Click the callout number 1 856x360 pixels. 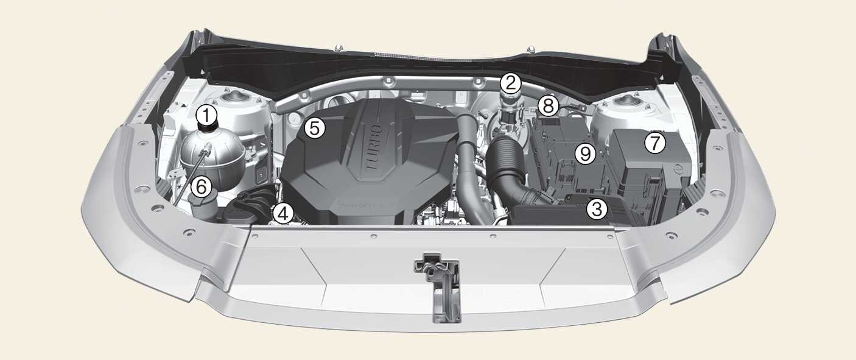[x=206, y=115]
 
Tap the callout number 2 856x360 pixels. [x=511, y=82]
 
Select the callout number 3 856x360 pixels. [x=597, y=209]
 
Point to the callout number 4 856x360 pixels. [x=282, y=214]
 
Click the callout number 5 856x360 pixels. [x=315, y=128]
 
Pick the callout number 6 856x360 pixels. [x=202, y=187]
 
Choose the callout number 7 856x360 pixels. [x=655, y=143]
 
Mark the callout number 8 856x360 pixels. [x=549, y=105]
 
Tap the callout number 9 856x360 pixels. [x=586, y=154]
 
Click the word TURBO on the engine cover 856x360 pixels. [x=373, y=147]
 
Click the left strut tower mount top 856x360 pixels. [x=233, y=97]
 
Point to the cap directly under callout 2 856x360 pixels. [x=511, y=99]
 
